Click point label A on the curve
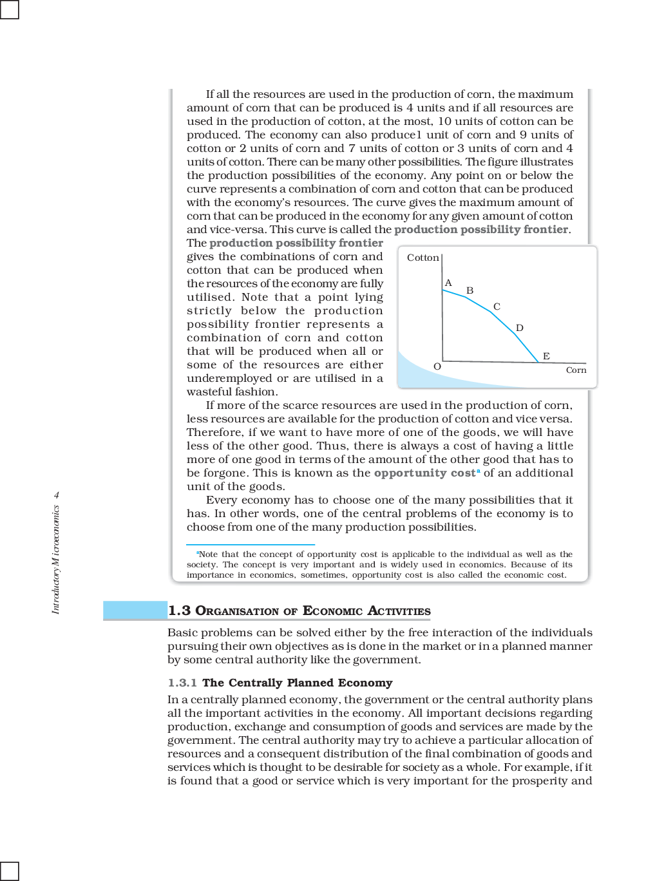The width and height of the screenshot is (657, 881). pyautogui.click(x=448, y=283)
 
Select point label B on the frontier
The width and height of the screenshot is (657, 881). pyautogui.click(x=470, y=290)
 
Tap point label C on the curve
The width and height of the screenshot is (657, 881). pyautogui.click(x=497, y=307)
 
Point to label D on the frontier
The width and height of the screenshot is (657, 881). pyautogui.click(x=519, y=328)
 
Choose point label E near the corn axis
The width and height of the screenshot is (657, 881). pyautogui.click(x=546, y=356)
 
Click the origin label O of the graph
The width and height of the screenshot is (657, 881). pyautogui.click(x=437, y=366)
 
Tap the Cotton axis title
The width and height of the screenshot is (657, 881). pyautogui.click(x=423, y=258)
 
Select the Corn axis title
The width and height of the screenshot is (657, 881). pyautogui.click(x=576, y=370)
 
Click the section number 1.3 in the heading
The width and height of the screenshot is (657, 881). pyautogui.click(x=179, y=611)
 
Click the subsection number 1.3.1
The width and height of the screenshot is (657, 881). pyautogui.click(x=182, y=683)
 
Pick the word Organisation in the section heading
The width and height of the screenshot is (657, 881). pyautogui.click(x=236, y=611)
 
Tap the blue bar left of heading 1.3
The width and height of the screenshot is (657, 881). pyautogui.click(x=135, y=610)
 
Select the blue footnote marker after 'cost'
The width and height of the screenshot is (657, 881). pyautogui.click(x=479, y=471)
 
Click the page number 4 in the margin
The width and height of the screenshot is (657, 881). pyautogui.click(x=56, y=495)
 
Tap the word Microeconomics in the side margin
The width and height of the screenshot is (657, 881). pyautogui.click(x=56, y=535)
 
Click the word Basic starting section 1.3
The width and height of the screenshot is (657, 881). pyautogui.click(x=182, y=632)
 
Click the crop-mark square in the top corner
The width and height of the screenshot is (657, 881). pyautogui.click(x=9, y=9)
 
